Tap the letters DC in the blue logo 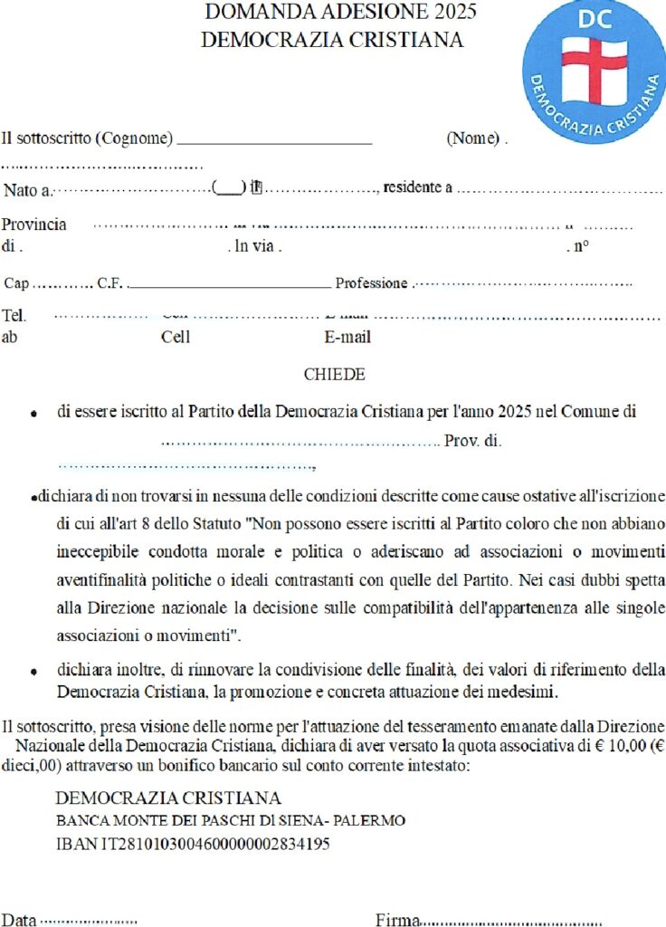[x=594, y=20]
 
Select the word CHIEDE [x=334, y=375]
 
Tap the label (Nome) [x=473, y=139]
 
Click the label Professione [x=371, y=283]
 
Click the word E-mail [x=347, y=339]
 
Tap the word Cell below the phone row [x=176, y=339]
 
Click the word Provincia [x=34, y=225]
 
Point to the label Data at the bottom [x=19, y=920]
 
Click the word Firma [x=397, y=920]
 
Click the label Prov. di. [x=472, y=442]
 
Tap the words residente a [x=417, y=187]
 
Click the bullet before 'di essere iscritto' [x=33, y=414]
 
